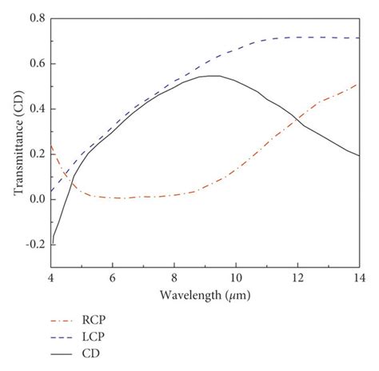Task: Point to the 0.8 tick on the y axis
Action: pyautogui.click(x=37, y=18)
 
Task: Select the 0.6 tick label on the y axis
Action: pyautogui.click(x=37, y=63)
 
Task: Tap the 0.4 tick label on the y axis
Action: pyautogui.click(x=37, y=109)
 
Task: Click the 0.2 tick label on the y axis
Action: pyautogui.click(x=37, y=154)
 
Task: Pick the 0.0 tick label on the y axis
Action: pyautogui.click(x=37, y=200)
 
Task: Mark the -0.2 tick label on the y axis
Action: pyautogui.click(x=34, y=245)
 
